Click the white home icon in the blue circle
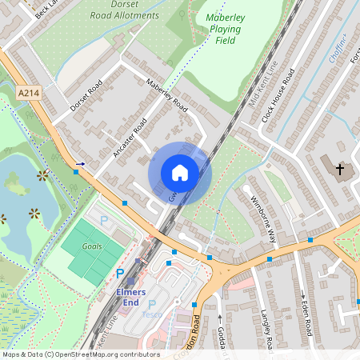[x=180, y=173]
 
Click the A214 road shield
[x=29, y=94]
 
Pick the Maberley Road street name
[x=167, y=95]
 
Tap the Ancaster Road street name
[x=130, y=138]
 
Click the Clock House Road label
[x=278, y=95]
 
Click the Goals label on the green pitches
[x=92, y=246]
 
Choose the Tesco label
[x=152, y=314]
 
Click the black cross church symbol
[x=339, y=170]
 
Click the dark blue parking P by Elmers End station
[x=120, y=274]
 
